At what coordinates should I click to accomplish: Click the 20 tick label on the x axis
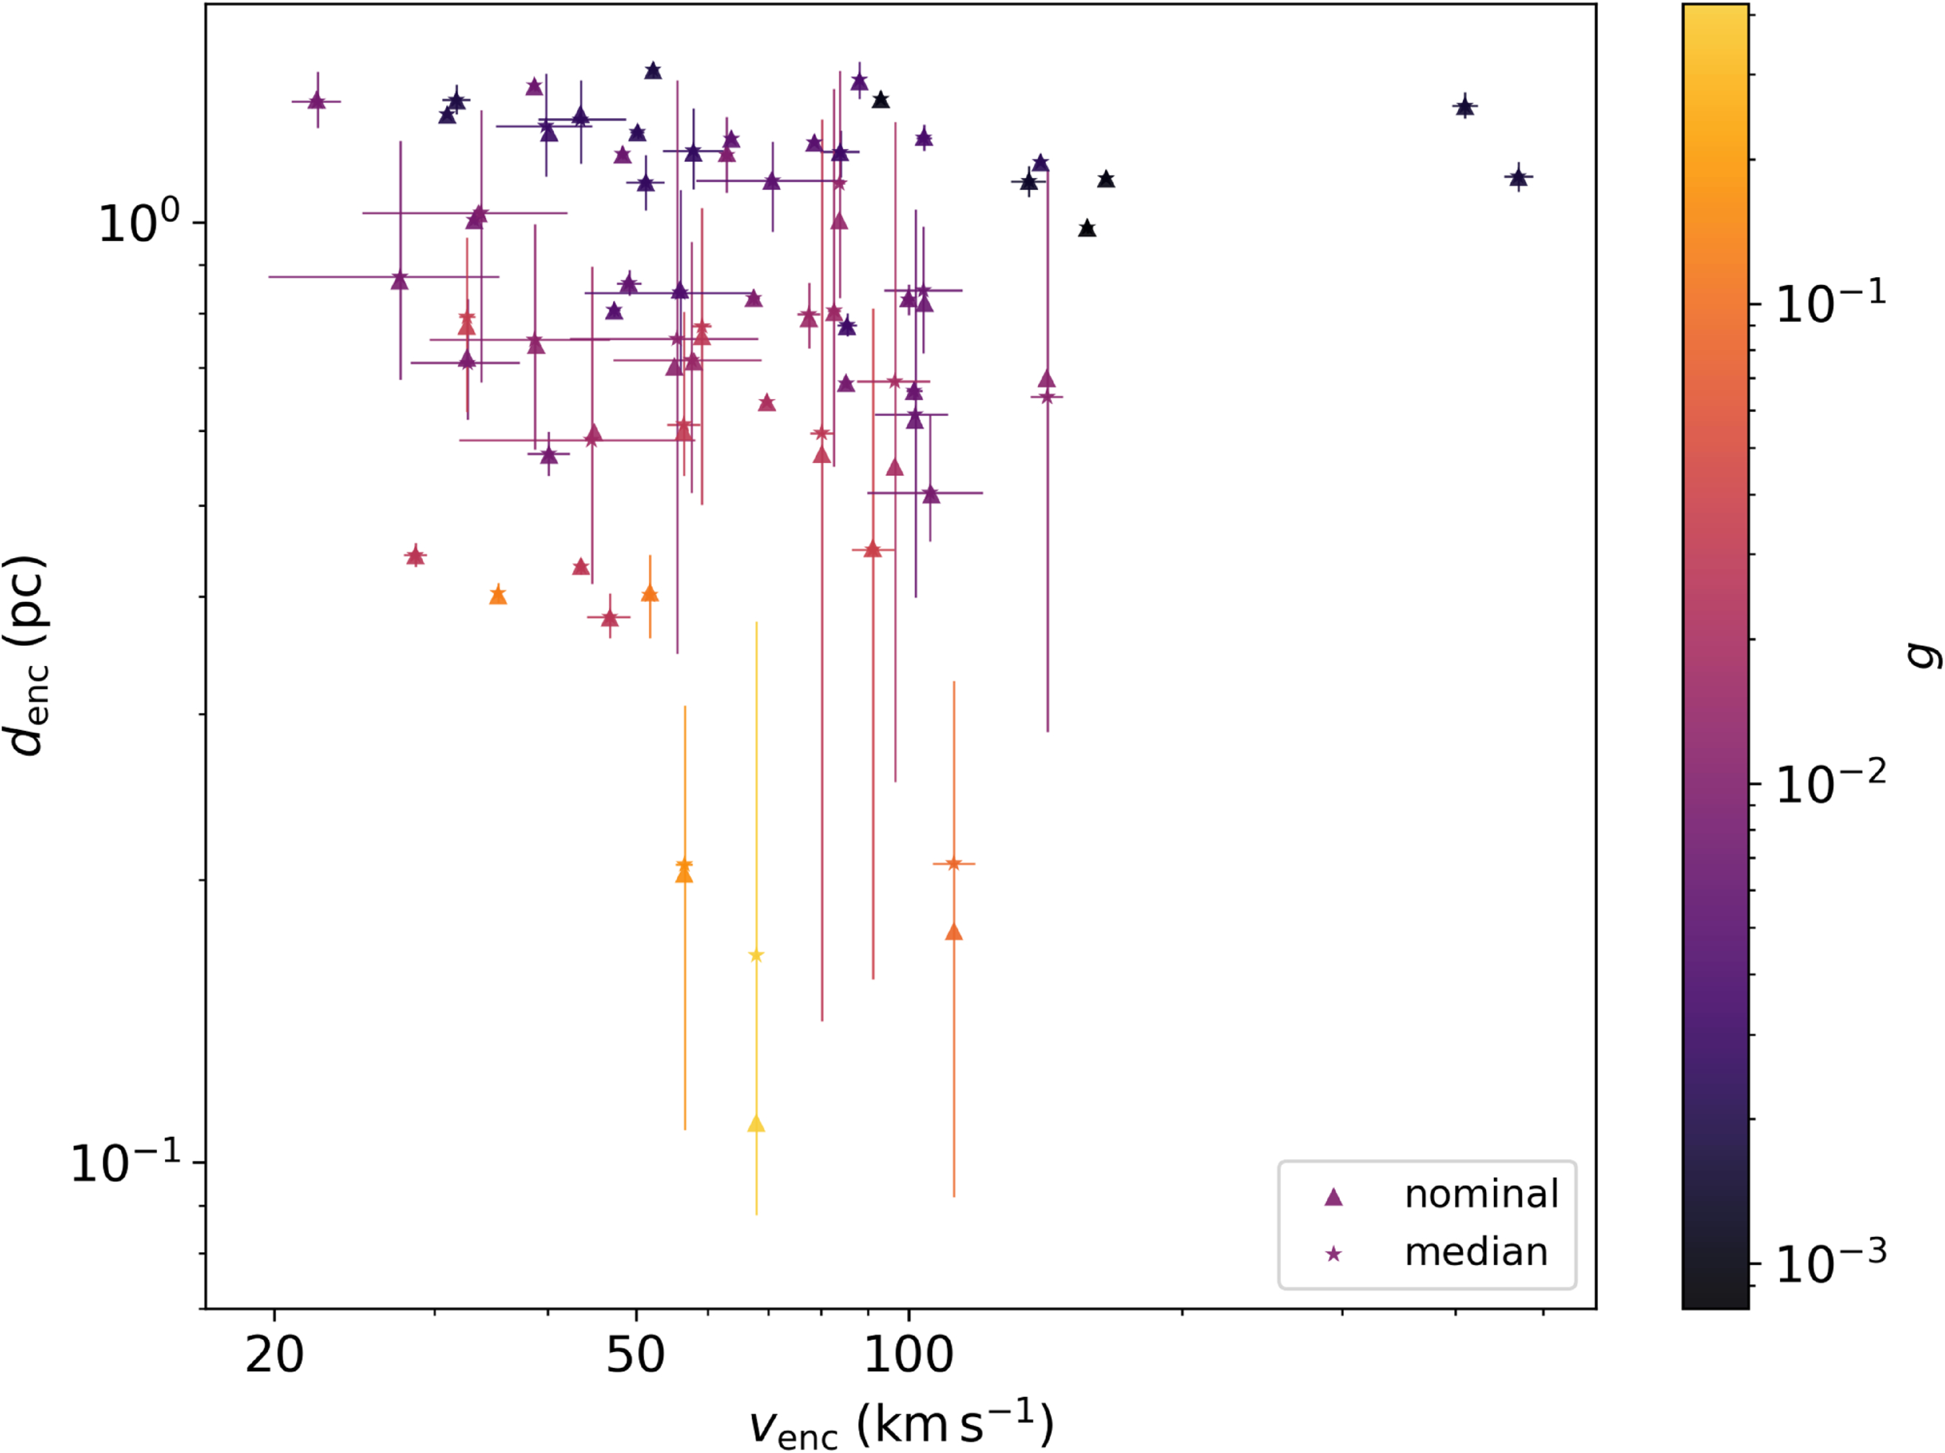click(274, 1354)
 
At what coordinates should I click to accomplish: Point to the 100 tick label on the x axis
click(908, 1354)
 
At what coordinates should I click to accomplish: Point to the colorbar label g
click(1922, 655)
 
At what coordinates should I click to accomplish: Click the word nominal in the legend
click(1482, 1195)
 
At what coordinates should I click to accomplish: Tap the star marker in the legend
click(1334, 1254)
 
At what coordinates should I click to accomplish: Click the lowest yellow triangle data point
click(756, 1124)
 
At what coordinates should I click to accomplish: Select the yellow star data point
click(756, 956)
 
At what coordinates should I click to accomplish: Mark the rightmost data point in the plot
click(1519, 178)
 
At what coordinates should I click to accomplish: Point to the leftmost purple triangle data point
click(318, 101)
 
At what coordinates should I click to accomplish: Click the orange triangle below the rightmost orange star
click(954, 932)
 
